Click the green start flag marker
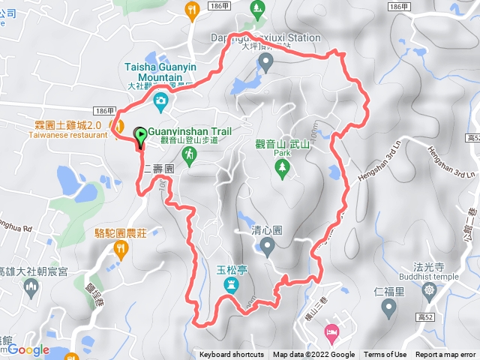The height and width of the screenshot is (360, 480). point(140,136)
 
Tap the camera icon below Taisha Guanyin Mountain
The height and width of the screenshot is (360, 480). point(160,100)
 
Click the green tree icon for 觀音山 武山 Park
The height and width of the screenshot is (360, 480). point(282,169)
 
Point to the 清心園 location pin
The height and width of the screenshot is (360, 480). point(267,245)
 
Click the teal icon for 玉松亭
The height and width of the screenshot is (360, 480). point(230,285)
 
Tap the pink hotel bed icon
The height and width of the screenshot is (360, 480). point(331,331)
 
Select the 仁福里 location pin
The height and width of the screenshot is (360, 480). point(388,305)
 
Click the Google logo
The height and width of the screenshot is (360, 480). point(29,349)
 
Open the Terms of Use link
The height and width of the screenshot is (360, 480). point(385,355)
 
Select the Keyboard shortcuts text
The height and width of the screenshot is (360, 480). point(232,355)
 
